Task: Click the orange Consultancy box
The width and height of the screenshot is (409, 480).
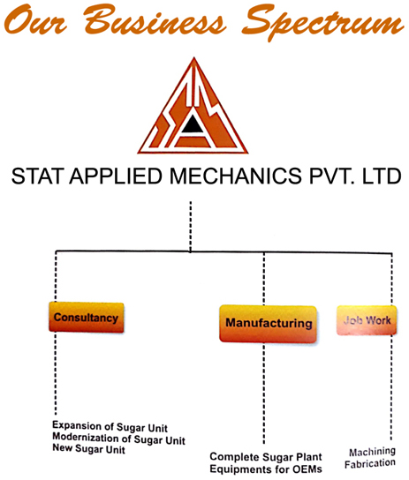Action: pos(87,317)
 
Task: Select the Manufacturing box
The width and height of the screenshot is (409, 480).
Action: pos(268,324)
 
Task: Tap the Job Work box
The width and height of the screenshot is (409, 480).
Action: pos(367,320)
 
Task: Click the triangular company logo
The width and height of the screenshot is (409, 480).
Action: pos(193,106)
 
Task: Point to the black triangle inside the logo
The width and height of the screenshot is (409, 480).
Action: pos(193,124)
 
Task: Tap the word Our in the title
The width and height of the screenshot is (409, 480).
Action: pos(35,20)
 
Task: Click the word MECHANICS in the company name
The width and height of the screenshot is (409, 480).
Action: pos(235,176)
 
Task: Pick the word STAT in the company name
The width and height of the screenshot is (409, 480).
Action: pos(38,176)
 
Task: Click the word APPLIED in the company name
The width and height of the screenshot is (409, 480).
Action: pos(116,176)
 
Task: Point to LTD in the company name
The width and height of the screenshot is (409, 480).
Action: pos(382,176)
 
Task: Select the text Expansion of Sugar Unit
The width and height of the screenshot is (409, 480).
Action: pos(110,426)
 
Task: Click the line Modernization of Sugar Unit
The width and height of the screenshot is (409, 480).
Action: pos(119,439)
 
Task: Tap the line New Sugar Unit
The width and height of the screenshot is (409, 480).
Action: pos(89,448)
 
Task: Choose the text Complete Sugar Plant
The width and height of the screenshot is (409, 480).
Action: pos(266,457)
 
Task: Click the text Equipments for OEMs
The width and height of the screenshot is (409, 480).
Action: pos(266,469)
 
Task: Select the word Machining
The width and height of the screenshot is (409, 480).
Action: pos(372,452)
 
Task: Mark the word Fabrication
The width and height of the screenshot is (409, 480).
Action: pos(370,463)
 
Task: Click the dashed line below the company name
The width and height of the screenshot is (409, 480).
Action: pos(191,227)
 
